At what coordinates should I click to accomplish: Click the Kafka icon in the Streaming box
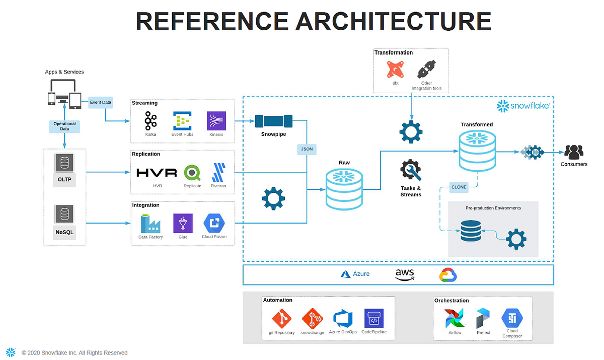pos(150,121)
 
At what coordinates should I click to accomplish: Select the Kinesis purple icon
pos(216,121)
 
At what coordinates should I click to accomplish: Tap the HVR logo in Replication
pos(157,173)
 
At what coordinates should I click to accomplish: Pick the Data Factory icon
pos(150,223)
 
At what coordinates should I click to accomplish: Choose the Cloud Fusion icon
pos(213,223)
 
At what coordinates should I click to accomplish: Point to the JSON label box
pos(307,149)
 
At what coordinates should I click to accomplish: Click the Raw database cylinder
pos(344,188)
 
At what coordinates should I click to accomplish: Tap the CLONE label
pos(459,187)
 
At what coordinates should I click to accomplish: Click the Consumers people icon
pos(573,152)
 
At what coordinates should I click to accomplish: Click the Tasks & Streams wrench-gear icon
pos(410,170)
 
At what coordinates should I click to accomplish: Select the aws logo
pos(405,274)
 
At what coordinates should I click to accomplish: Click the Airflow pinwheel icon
pos(455,318)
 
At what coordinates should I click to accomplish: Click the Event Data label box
pos(100,102)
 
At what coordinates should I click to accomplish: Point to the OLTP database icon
pos(64,163)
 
